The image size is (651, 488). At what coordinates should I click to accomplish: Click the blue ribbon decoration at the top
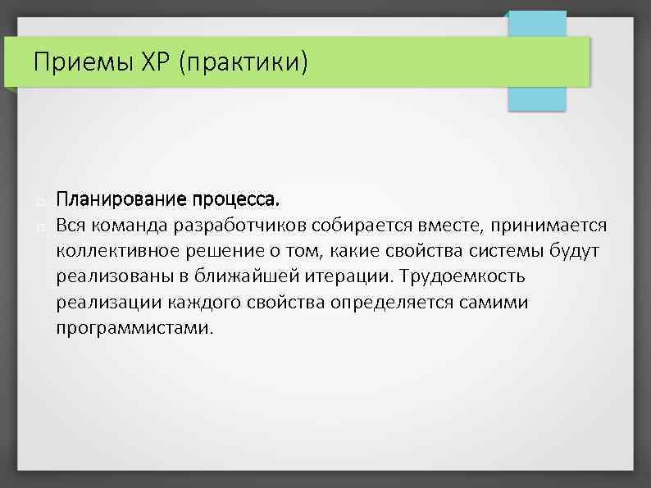pos(537,82)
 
